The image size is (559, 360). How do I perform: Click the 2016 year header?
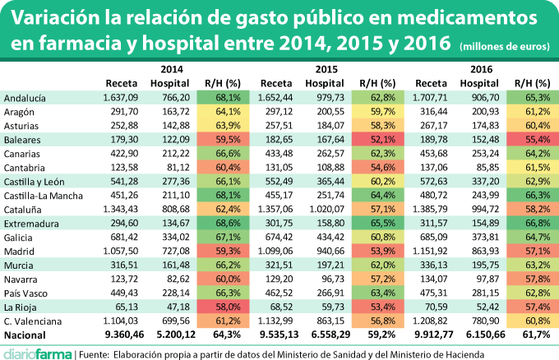coord(483,69)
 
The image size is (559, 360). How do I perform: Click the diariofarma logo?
coord(35,351)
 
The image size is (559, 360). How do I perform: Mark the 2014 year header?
coord(172,69)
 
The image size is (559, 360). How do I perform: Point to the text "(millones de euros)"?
coord(506,46)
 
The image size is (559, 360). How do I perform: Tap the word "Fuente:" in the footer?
coord(99,352)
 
